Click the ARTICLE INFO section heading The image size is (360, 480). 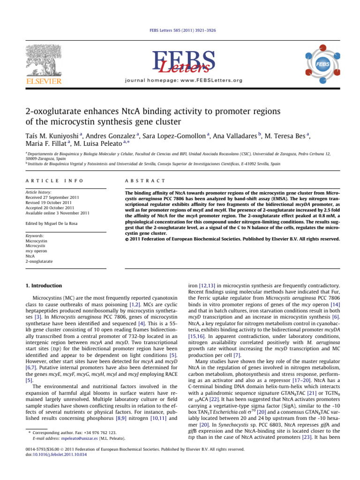[x=46, y=180]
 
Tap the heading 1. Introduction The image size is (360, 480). [x=43, y=285]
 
